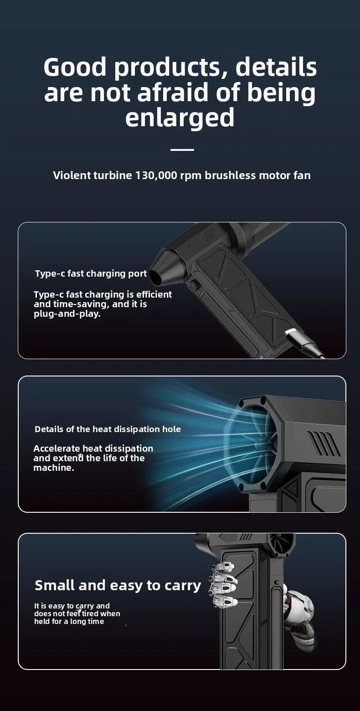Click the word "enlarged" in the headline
180,118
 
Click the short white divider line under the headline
182,149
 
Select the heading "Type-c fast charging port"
91,273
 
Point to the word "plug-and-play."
67,314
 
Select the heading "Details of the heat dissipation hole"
108,429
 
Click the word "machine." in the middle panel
54,468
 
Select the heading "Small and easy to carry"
118,585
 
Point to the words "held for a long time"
69,622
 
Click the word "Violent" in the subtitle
72,175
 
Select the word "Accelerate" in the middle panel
57,448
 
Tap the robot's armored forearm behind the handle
300,615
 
